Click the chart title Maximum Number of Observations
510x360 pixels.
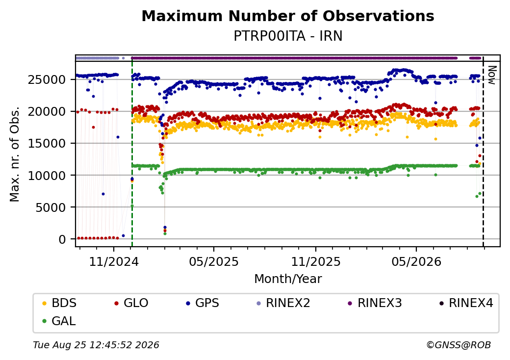coord(288,16)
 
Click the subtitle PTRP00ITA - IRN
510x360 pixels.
coord(288,36)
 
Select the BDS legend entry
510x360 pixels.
coord(59,303)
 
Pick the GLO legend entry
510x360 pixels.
coord(131,303)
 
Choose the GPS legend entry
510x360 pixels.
coord(203,303)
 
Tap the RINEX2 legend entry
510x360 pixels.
coord(283,303)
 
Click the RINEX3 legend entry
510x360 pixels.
coord(375,303)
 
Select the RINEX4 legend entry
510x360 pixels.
coord(466,303)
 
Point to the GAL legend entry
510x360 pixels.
coord(59,321)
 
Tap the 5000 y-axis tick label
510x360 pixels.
coord(51,207)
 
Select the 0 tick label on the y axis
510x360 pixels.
coord(62,239)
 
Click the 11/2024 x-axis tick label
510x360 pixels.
coord(114,262)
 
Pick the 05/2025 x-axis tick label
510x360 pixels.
coord(214,262)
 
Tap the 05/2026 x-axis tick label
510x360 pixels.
coord(416,262)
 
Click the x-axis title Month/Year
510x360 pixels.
coord(288,279)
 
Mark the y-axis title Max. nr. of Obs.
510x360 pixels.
coord(15,154)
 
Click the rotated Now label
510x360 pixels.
coord(492,75)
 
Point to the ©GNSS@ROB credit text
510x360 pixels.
coord(459,345)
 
